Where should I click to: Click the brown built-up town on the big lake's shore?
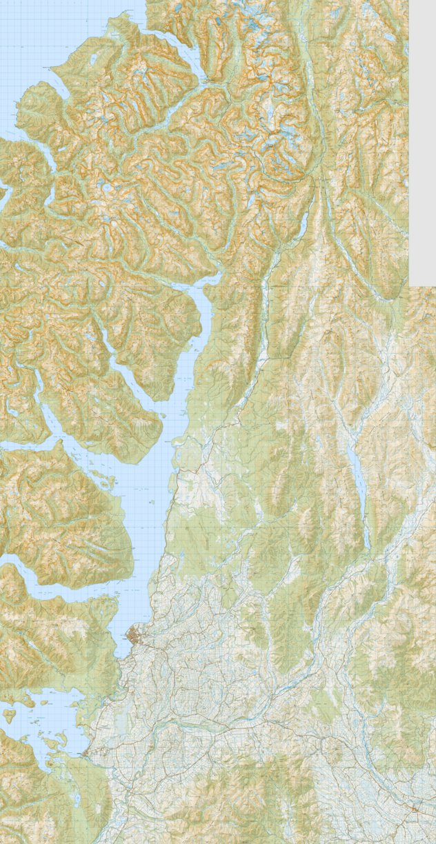[x=134, y=635]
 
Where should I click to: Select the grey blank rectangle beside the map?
[x=422, y=138]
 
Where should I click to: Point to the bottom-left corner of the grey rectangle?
[x=410, y=284]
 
